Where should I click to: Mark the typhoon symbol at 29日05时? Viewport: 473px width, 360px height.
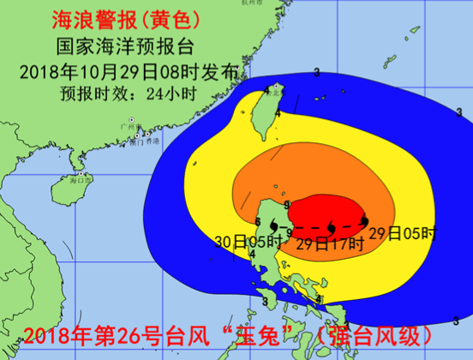365,222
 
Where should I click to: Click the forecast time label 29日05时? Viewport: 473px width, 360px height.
414,231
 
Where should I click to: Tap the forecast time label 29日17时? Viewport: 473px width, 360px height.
330,243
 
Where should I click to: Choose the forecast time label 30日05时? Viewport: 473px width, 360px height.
242,243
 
